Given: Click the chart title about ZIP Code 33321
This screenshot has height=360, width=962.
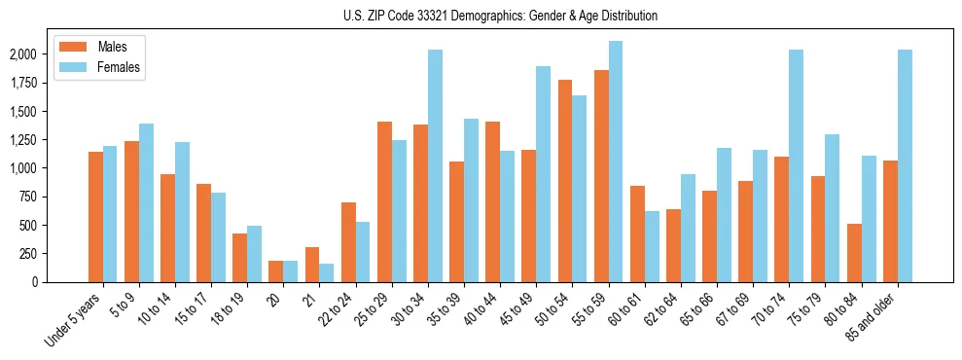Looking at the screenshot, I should click(500, 16).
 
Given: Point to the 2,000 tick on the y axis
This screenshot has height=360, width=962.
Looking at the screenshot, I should click(23, 54).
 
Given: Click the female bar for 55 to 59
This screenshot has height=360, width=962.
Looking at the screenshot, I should click(616, 162).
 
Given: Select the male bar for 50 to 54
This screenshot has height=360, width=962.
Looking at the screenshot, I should click(565, 181).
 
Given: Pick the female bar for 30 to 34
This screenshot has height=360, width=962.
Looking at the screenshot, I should click(435, 165).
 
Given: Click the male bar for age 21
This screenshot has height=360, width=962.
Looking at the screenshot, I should click(312, 265).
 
